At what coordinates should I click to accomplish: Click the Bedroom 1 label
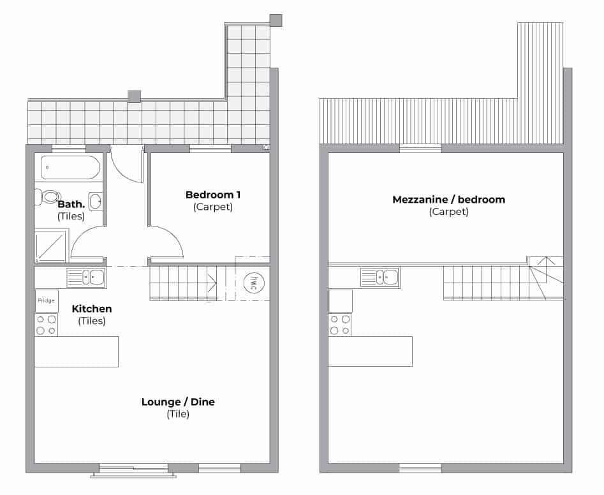[x=213, y=195]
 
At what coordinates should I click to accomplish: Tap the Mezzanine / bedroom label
[x=449, y=200]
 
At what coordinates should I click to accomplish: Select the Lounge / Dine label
[x=178, y=402]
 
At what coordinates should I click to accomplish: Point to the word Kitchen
[x=92, y=309]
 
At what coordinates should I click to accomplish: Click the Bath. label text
[x=71, y=204]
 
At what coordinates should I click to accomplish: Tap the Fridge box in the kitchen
[x=47, y=301]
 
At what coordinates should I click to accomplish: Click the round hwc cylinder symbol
[x=254, y=283]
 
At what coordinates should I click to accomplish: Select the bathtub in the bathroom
[x=70, y=168]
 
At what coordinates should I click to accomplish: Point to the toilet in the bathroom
[x=47, y=197]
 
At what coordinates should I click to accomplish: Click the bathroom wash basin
[x=96, y=201]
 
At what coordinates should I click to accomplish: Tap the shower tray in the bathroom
[x=51, y=246]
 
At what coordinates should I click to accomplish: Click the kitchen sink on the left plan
[x=86, y=277]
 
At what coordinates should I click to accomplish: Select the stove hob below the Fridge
[x=46, y=325]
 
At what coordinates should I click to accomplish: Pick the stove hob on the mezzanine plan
[x=340, y=325]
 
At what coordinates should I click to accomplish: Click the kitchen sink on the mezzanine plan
[x=379, y=277]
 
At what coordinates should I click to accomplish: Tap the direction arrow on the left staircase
[x=212, y=283]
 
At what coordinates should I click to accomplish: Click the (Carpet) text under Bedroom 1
[x=213, y=207]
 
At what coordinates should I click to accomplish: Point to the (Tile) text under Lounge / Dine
[x=178, y=414]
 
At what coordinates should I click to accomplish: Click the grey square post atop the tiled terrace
[x=134, y=96]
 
